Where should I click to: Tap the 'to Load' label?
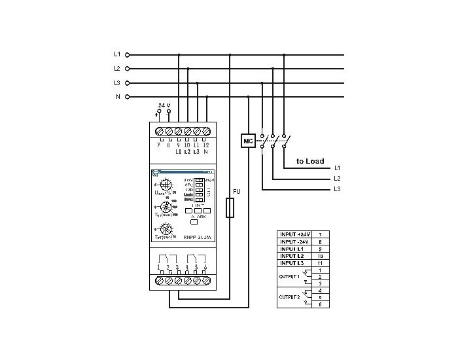coord(310,160)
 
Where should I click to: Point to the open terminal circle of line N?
coord(127,97)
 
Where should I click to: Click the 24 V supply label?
coord(164,105)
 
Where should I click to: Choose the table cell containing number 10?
coord(319,255)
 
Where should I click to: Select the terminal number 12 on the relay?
coord(206,144)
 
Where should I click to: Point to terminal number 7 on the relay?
coord(158,144)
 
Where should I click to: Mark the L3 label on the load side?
coord(337,189)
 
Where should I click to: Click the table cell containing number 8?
coord(319,241)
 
